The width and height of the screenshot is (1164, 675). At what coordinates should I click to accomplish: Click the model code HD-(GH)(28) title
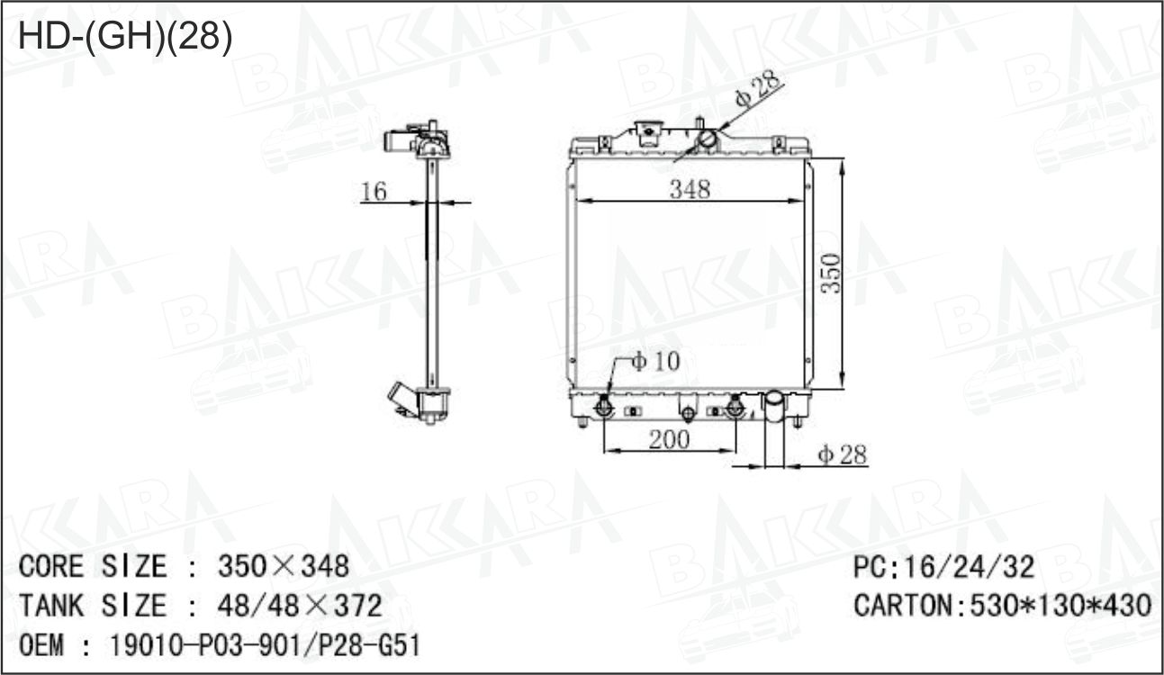click(x=125, y=36)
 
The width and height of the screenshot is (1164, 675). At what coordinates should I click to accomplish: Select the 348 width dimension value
click(x=690, y=189)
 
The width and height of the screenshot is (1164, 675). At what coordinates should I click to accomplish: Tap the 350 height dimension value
click(x=831, y=273)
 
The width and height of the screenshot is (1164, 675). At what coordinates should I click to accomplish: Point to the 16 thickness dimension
click(x=374, y=191)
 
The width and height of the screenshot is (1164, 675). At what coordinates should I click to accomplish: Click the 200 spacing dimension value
click(x=669, y=439)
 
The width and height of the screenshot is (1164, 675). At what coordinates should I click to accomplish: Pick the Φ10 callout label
click(x=655, y=361)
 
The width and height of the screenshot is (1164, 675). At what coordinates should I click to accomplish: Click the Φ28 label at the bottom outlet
click(x=843, y=454)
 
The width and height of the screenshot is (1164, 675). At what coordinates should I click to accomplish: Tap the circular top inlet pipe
click(x=707, y=139)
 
